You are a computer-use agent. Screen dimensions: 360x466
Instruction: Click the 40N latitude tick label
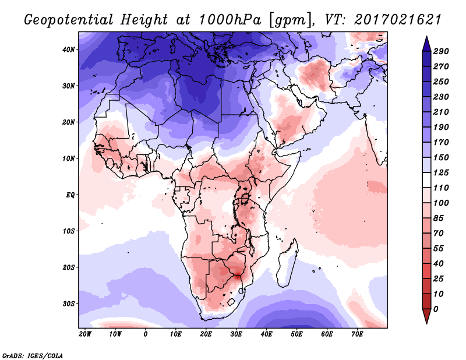click(x=69, y=50)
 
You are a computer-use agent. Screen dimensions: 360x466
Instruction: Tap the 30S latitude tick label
click(x=69, y=303)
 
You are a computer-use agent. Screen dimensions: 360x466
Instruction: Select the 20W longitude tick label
click(x=85, y=334)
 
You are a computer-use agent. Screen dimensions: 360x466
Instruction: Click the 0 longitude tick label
click(x=146, y=334)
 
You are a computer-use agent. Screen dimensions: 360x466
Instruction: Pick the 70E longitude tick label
click(x=357, y=334)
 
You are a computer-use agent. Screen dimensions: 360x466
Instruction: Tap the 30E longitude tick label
click(x=236, y=334)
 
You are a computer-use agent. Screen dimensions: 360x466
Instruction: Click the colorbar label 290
click(x=440, y=51)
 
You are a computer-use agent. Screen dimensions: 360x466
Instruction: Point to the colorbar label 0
click(x=436, y=308)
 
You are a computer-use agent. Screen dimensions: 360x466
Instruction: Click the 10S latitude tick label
click(x=69, y=231)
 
